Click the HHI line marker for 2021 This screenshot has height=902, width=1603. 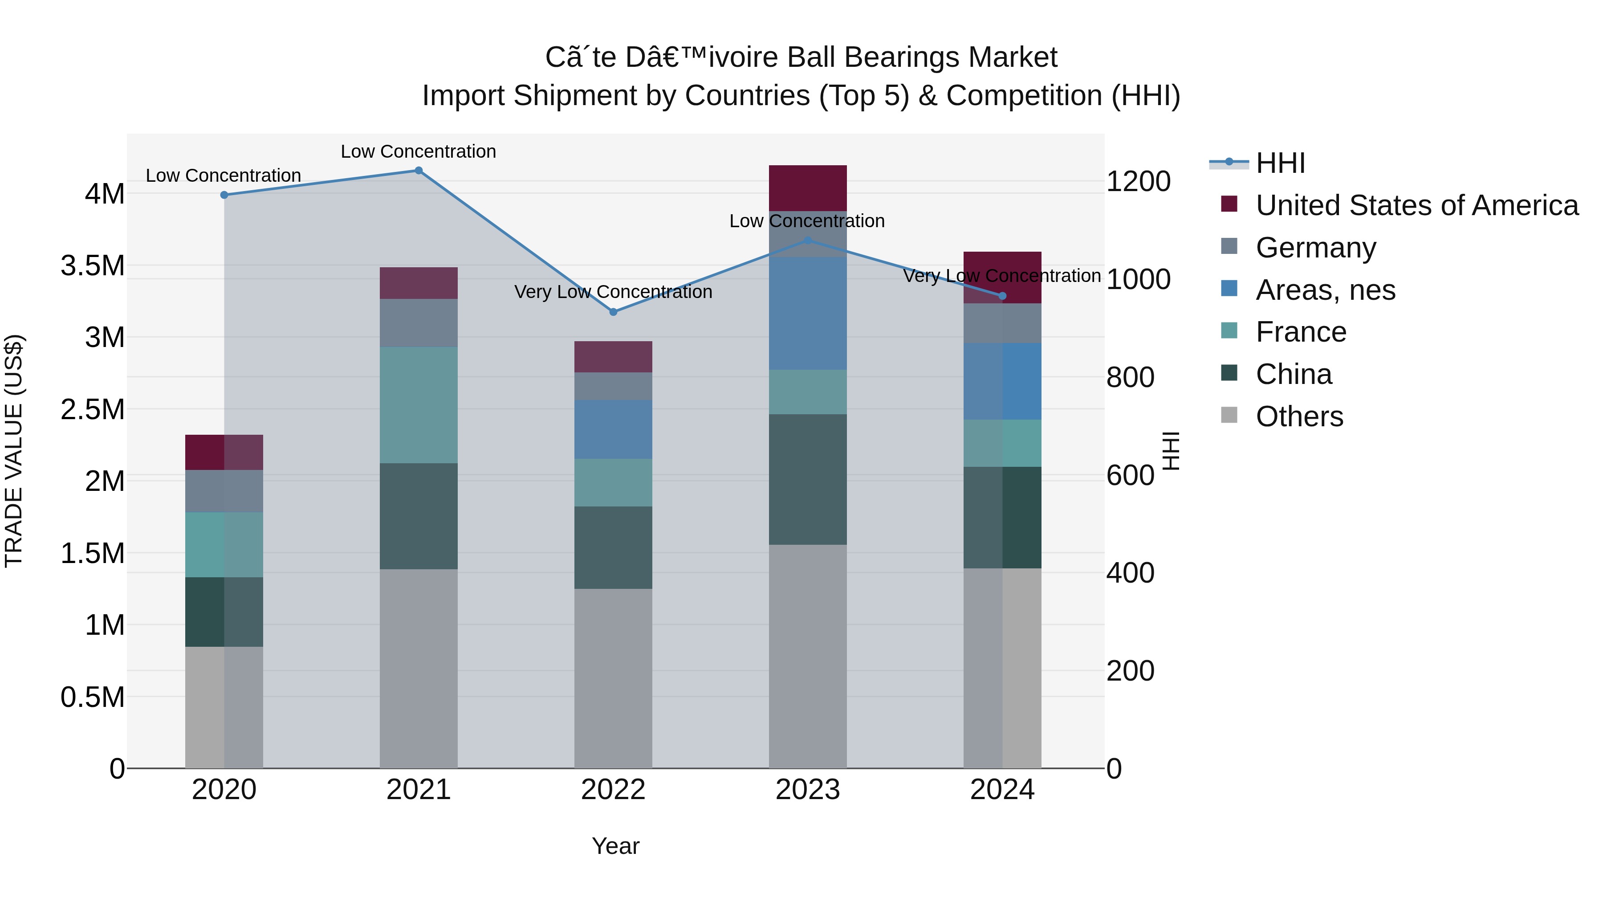pyautogui.click(x=418, y=171)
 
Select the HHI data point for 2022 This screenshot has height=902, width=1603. pyautogui.click(x=613, y=312)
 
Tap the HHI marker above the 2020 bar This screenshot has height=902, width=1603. pyautogui.click(x=224, y=195)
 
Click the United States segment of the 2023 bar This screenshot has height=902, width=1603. pyautogui.click(x=807, y=188)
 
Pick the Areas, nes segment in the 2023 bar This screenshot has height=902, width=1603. pyautogui.click(x=807, y=313)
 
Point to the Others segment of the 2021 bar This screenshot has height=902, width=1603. pyautogui.click(x=418, y=668)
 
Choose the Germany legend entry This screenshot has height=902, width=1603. pyautogui.click(x=1315, y=248)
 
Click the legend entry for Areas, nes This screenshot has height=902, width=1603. pyautogui.click(x=1325, y=290)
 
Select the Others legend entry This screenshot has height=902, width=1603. pyautogui.click(x=1299, y=416)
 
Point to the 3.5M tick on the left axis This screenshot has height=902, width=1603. pyautogui.click(x=93, y=266)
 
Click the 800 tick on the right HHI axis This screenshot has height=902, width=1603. pyautogui.click(x=1129, y=377)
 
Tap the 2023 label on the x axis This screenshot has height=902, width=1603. pyautogui.click(x=807, y=790)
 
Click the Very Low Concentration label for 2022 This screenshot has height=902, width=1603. pyautogui.click(x=613, y=292)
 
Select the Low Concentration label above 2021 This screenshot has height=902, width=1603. pyautogui.click(x=418, y=151)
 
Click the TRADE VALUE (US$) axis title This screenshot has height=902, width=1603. pyautogui.click(x=14, y=451)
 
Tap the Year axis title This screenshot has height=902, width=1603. pyautogui.click(x=615, y=846)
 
